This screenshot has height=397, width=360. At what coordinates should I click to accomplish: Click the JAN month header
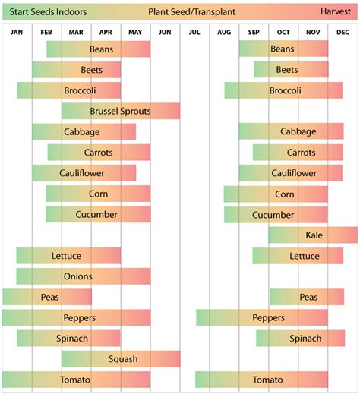[x=17, y=33]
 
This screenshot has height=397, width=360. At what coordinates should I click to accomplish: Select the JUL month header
[x=194, y=33]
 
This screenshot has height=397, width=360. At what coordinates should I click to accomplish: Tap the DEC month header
[x=343, y=33]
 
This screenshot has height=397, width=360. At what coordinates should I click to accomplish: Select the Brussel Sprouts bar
[x=121, y=111]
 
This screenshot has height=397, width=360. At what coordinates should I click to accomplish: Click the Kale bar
[x=313, y=235]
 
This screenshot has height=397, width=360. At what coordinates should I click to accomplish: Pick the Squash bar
[x=121, y=359]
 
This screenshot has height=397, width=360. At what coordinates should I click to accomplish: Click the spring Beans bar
[x=99, y=49]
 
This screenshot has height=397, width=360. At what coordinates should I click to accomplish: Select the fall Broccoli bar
[x=283, y=90]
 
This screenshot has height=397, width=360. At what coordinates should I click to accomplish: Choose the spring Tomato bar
[x=76, y=380]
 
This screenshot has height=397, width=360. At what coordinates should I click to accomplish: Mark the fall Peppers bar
[x=262, y=317]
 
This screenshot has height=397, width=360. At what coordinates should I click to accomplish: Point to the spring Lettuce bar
[x=68, y=256]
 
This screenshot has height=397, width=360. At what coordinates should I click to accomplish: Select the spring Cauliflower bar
[x=84, y=173]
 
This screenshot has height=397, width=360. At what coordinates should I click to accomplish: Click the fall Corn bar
[x=276, y=194]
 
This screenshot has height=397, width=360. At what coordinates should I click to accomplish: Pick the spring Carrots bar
[x=99, y=153]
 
